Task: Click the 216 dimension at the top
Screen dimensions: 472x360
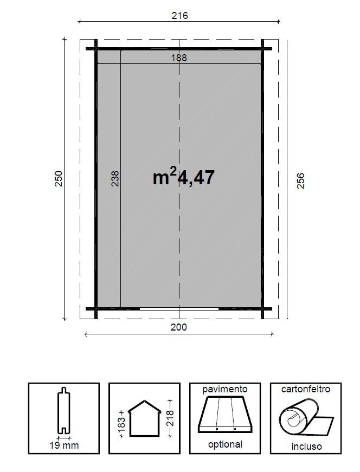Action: [x=179, y=16]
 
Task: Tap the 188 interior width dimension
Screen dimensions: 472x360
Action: [x=179, y=57]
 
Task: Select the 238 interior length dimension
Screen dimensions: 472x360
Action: [x=115, y=179]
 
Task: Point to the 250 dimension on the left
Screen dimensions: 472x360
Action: [x=59, y=179]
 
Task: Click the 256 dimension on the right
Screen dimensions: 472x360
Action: [x=301, y=180]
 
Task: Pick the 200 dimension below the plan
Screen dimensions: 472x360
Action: [x=179, y=327]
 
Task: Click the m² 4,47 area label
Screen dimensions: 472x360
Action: [x=184, y=177]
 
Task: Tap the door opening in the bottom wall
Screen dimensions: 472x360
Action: [x=179, y=309]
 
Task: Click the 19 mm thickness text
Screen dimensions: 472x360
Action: [x=64, y=445]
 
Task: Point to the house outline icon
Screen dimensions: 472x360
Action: [x=144, y=418]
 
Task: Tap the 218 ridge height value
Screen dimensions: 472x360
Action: [x=170, y=418]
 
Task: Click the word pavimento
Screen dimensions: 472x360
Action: [x=225, y=389]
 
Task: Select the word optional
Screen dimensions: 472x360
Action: [x=225, y=444]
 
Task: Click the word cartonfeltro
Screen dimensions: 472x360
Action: [x=306, y=389]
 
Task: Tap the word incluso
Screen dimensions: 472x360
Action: [x=306, y=447]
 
